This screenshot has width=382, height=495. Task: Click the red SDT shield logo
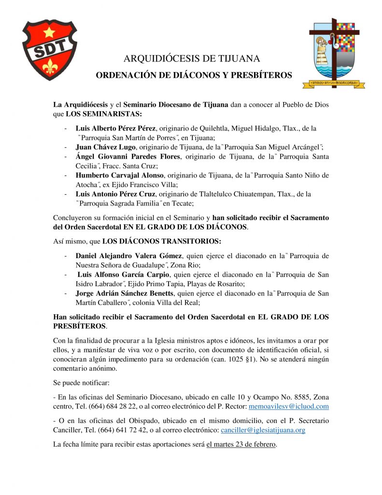[x=50, y=50]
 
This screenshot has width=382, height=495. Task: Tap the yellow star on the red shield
[x=49, y=32]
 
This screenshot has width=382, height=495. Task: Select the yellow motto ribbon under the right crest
[x=333, y=84]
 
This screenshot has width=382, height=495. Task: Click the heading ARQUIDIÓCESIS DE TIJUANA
[x=192, y=59]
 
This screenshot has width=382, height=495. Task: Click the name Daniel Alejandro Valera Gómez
[x=130, y=256]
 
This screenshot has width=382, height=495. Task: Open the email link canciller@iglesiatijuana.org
[x=263, y=430]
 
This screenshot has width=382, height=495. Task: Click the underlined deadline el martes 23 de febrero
[x=241, y=444]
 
